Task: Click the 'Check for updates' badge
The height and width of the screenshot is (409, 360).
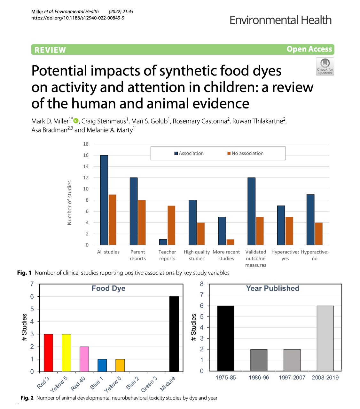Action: [x=325, y=66]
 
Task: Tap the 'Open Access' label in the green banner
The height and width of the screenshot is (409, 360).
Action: [x=309, y=49]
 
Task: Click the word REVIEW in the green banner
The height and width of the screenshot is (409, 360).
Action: [x=50, y=50]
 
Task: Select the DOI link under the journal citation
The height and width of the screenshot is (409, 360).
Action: [x=78, y=18]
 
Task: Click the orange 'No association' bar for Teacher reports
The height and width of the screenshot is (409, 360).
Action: [x=171, y=225]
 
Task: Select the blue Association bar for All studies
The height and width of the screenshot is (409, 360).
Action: [x=104, y=200]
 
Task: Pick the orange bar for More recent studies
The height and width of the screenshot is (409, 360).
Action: [x=230, y=242]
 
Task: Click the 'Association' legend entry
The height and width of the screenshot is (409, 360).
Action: [x=189, y=153]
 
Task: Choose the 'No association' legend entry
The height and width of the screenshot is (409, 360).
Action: [x=245, y=153]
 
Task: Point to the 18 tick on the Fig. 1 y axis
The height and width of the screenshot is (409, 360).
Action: [x=86, y=144]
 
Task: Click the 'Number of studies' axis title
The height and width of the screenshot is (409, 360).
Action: [x=69, y=203]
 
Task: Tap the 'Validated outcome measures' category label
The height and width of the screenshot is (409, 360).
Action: [x=255, y=258]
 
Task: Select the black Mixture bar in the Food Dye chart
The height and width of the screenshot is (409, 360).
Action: [x=174, y=334]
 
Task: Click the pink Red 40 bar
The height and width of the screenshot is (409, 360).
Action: [x=84, y=359]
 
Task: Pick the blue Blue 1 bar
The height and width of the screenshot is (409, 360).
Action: [x=102, y=365]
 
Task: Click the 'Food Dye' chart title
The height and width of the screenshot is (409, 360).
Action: [x=108, y=288]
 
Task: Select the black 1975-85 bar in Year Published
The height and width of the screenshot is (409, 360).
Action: [x=225, y=338]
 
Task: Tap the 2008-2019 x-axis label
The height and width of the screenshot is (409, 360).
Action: [x=325, y=377]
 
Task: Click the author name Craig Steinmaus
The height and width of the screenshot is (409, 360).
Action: [x=104, y=121]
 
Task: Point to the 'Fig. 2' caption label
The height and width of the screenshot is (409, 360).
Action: [x=27, y=398]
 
